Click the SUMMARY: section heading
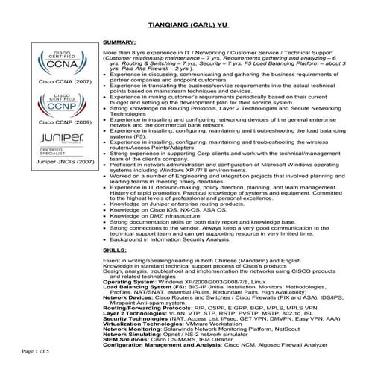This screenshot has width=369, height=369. pyautogui.click(x=119, y=44)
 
